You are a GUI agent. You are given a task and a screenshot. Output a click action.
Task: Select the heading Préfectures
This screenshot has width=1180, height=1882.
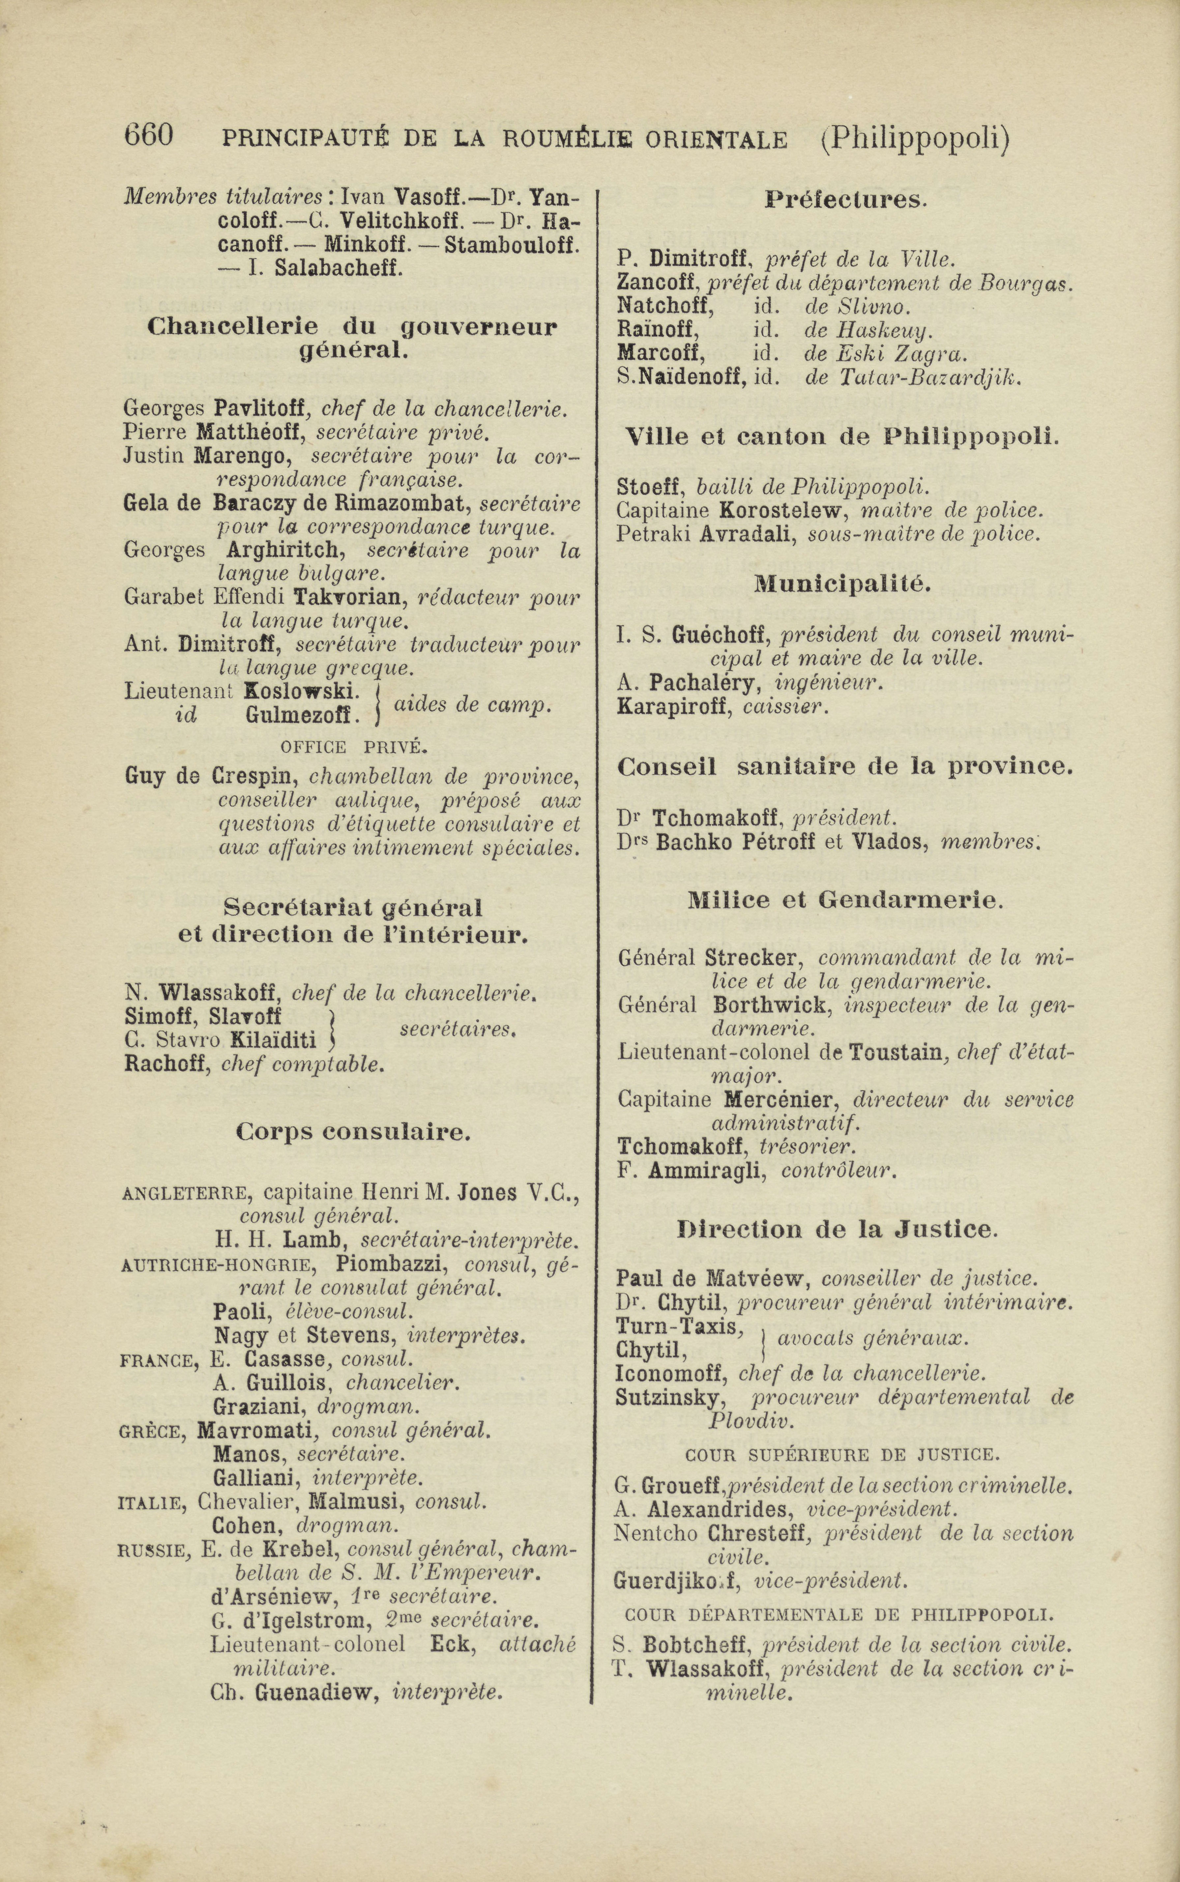pos(844,201)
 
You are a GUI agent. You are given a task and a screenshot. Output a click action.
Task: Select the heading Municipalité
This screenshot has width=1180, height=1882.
pos(842,584)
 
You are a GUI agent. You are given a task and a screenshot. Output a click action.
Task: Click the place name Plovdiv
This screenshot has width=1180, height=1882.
pos(751,1421)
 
